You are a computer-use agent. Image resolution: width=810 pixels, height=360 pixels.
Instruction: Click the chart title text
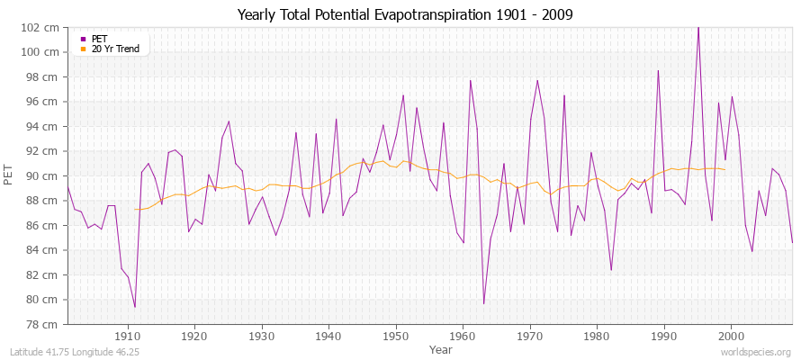pyautogui.click(x=405, y=14)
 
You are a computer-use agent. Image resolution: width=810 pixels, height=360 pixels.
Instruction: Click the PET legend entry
pyautogui.click(x=99, y=39)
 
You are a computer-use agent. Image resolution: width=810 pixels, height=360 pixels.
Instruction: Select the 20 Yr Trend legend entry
pyautogui.click(x=115, y=49)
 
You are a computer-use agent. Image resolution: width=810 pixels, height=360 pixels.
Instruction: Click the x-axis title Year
pyautogui.click(x=441, y=348)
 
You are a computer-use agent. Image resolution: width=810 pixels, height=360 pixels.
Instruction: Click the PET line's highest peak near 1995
pyautogui.click(x=697, y=28)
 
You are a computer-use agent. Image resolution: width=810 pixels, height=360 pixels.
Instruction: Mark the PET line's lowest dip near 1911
pyautogui.click(x=135, y=307)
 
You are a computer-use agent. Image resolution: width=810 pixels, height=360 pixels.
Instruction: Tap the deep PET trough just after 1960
pyautogui.click(x=483, y=303)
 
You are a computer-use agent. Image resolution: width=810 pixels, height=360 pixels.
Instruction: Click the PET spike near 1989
pyautogui.click(x=658, y=71)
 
